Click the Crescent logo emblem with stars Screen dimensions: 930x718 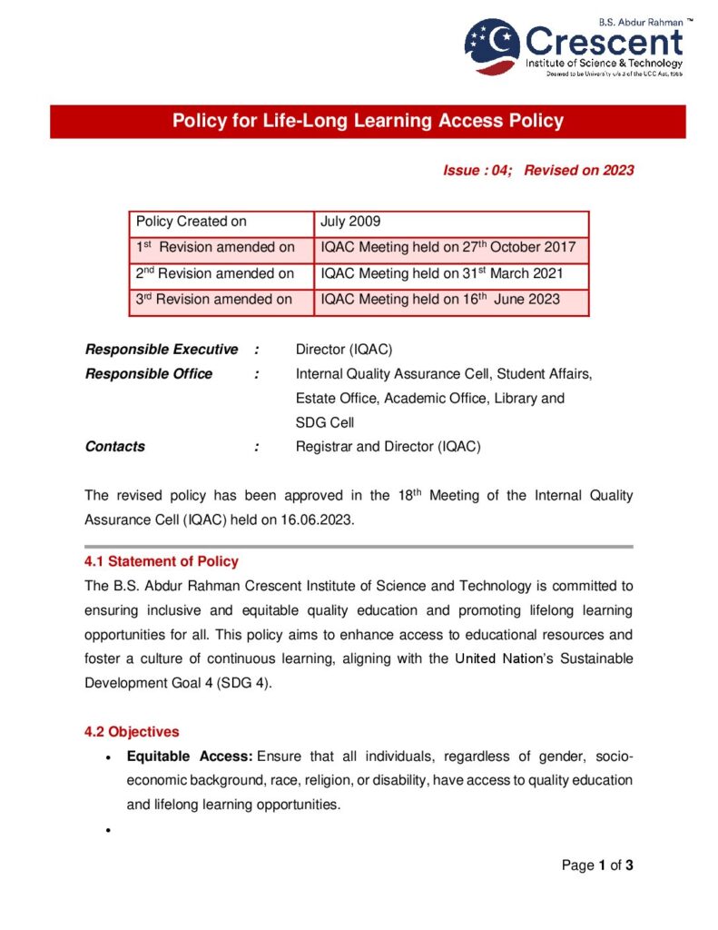pos(493,46)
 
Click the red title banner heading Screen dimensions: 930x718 pos(368,121)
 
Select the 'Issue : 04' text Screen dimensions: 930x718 pos(477,170)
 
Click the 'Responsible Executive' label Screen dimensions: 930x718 pos(161,350)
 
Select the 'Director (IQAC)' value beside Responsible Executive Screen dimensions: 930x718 pos(344,350)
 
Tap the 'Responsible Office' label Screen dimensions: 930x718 pos(148,373)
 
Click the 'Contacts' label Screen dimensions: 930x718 pos(114,446)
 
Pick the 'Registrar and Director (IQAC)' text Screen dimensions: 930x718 pos(388,446)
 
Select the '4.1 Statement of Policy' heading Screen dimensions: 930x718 pos(162,561)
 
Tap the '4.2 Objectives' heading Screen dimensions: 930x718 pos(132,731)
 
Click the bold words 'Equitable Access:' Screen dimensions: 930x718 pos(190,757)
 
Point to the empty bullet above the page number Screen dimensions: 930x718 pos(109,831)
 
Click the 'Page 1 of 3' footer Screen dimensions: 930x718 pos(596,865)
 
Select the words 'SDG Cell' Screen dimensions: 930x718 pos(325,422)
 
